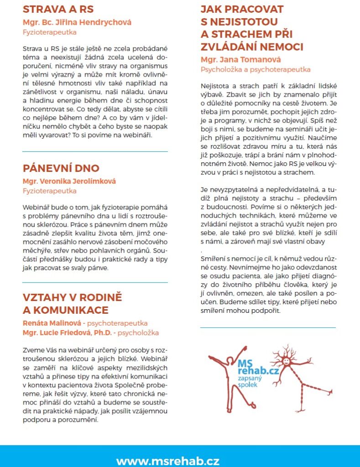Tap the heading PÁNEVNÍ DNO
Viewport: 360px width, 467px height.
(61, 168)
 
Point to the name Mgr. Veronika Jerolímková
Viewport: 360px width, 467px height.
(69, 181)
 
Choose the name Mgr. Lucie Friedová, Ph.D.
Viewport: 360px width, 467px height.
(67, 332)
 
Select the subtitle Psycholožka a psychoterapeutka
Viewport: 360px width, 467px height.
(256, 70)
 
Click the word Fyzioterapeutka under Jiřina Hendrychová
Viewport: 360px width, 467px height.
(50, 32)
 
